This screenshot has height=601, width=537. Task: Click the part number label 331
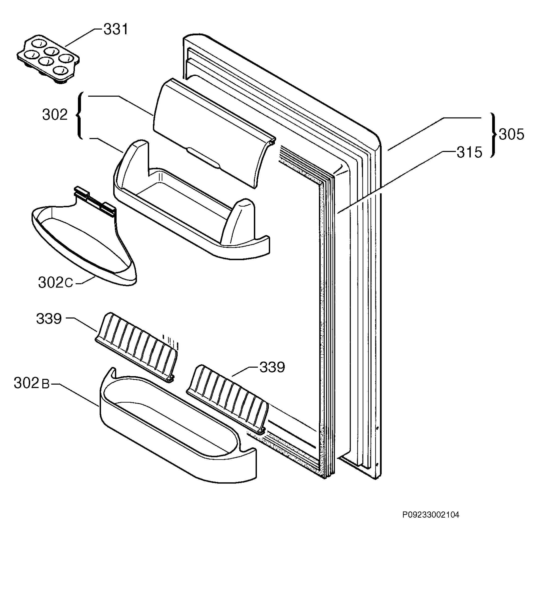pos(116,30)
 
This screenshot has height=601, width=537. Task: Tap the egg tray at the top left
pos(48,59)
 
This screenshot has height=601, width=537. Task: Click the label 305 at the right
pos(511,134)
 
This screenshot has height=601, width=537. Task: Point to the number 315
pos(469,153)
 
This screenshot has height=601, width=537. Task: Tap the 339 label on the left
pos(49,319)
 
